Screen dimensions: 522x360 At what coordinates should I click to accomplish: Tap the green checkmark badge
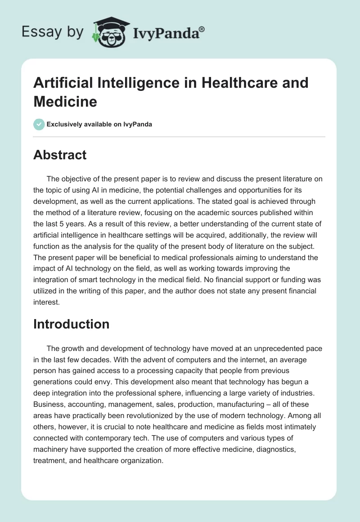pos(39,124)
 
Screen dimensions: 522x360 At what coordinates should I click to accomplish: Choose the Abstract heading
pos(60,155)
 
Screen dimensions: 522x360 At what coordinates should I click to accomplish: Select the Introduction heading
pos(71,324)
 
